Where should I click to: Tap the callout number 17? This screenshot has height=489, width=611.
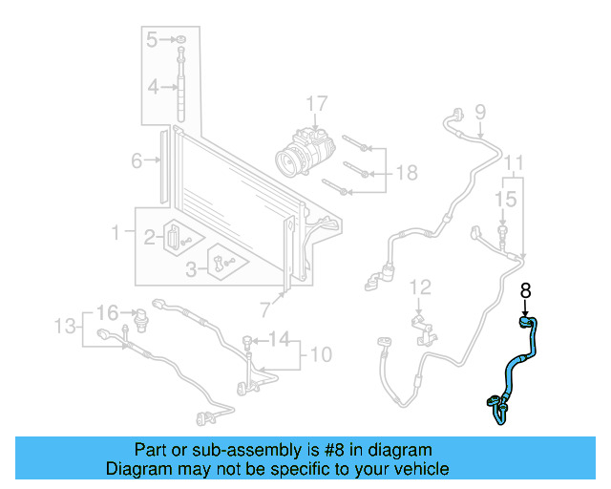(x=316, y=103)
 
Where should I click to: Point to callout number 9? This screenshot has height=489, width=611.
(x=479, y=111)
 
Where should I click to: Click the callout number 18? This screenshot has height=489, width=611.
(x=407, y=172)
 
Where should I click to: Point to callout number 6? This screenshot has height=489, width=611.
(x=137, y=160)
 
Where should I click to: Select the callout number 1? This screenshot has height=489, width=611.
(x=116, y=232)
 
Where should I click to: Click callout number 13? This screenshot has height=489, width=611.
(x=63, y=328)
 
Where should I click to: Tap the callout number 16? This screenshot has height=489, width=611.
(x=107, y=312)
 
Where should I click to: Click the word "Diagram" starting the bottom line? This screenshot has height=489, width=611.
(x=137, y=469)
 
